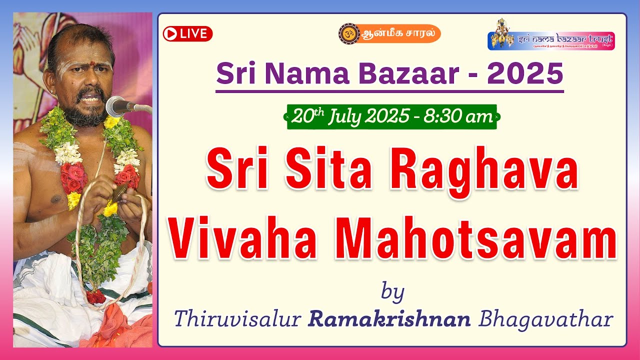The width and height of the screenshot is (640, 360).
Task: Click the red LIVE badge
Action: point(187,33)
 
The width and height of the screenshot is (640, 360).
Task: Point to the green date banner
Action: point(391,117)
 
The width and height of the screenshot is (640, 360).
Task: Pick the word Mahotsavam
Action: point(472,240)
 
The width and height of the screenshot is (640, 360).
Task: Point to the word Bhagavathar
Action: point(545,319)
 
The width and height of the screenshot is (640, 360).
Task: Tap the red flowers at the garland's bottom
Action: point(95,296)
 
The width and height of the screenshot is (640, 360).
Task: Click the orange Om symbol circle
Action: point(348,33)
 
